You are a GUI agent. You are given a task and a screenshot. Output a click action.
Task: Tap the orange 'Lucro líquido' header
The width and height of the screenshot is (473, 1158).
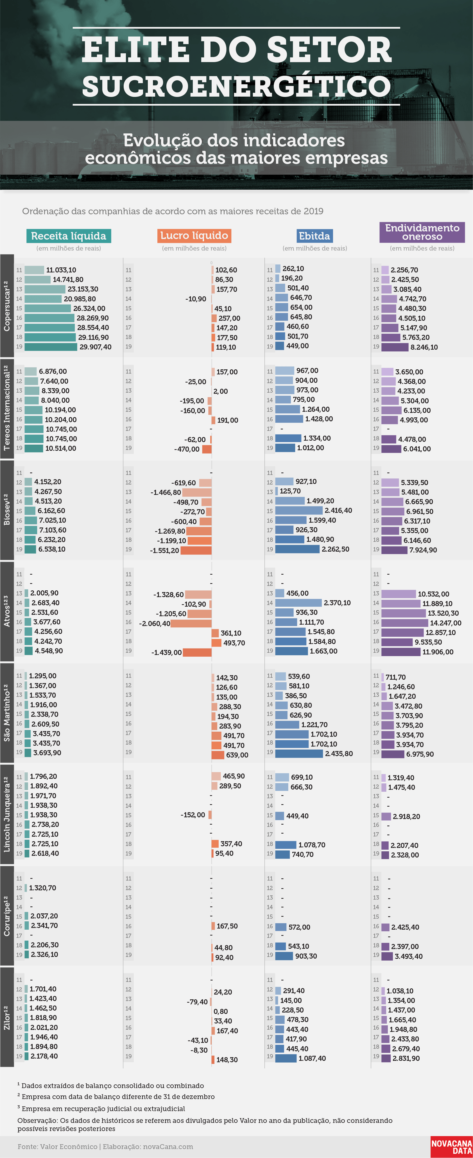pyautogui.click(x=194, y=236)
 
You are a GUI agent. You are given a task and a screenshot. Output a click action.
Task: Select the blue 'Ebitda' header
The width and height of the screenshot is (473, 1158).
pyautogui.click(x=314, y=236)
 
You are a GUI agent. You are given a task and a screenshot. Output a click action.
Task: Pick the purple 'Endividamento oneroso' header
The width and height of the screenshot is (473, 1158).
pyautogui.click(x=422, y=232)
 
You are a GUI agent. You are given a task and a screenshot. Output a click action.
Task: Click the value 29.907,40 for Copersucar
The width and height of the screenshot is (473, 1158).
pyautogui.click(x=95, y=347)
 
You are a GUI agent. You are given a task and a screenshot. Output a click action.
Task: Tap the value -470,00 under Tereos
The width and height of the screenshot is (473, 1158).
pyautogui.click(x=187, y=449)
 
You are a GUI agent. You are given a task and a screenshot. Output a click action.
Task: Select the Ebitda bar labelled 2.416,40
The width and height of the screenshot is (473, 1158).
pyautogui.click(x=299, y=511)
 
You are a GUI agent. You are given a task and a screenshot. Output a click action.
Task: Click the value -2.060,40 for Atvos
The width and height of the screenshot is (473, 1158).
pyautogui.click(x=155, y=624)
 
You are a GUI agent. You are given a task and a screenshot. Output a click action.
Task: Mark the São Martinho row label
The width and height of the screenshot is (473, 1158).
pyautogui.click(x=7, y=713)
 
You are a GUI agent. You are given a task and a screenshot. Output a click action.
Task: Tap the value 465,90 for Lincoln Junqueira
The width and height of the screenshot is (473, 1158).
pyautogui.click(x=234, y=776)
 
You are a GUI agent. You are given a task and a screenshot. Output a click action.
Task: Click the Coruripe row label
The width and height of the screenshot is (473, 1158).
pyautogui.click(x=7, y=916)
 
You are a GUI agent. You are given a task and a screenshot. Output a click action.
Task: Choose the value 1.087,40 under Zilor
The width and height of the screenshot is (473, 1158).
pyautogui.click(x=312, y=1058)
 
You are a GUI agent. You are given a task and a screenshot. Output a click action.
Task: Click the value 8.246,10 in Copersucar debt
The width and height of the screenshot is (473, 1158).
pyautogui.click(x=424, y=347)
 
